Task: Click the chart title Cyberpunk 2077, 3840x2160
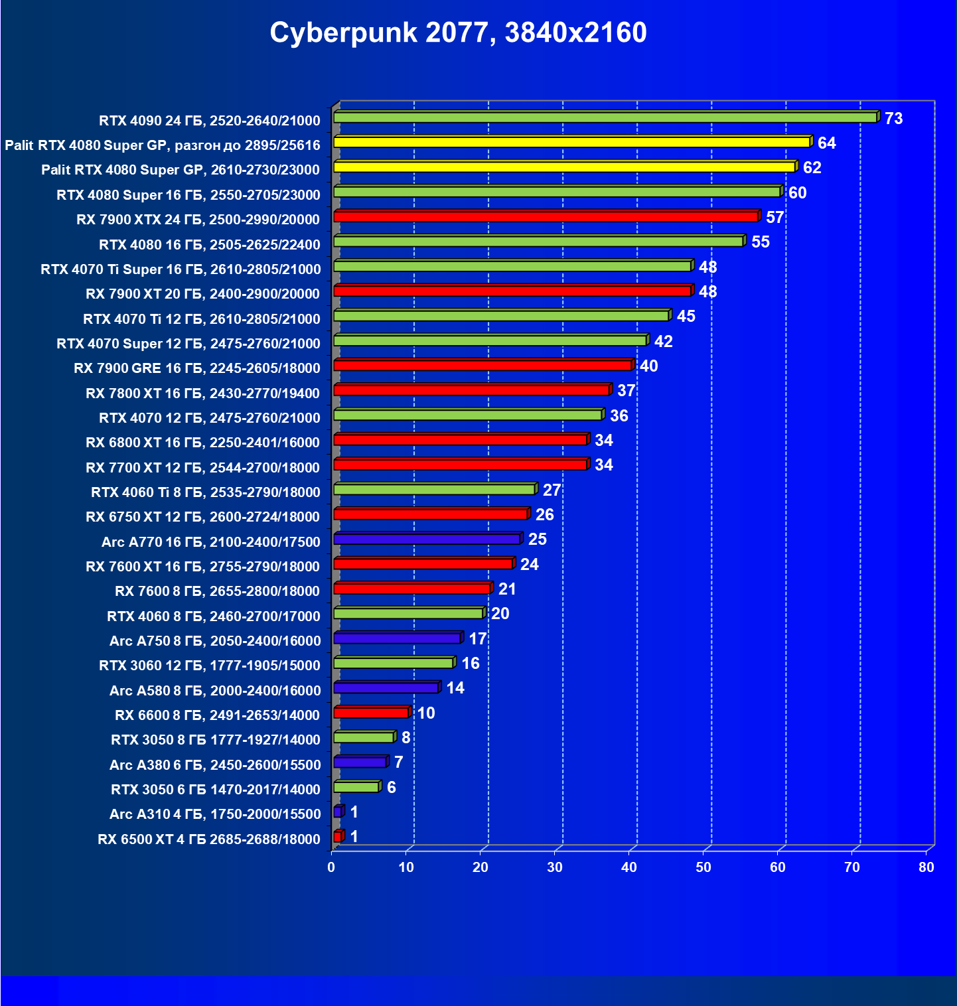[x=458, y=33]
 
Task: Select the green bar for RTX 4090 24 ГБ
[x=605, y=117]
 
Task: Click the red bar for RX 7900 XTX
[x=545, y=216]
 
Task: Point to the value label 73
[x=893, y=119]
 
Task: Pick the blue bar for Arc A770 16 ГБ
[x=427, y=539]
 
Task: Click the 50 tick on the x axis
[x=703, y=867]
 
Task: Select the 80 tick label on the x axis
[x=926, y=867]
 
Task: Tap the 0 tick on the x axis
[x=331, y=867]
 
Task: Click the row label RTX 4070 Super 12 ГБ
[x=188, y=344]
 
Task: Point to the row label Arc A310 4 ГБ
[x=215, y=814]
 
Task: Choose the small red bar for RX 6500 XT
[x=338, y=837]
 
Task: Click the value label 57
[x=774, y=218]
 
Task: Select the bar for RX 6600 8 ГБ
[x=371, y=713]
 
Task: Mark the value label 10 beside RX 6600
[x=425, y=713]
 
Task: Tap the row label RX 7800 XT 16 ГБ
[x=202, y=394]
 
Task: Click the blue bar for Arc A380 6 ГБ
[x=360, y=762]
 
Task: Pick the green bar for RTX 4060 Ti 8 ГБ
[x=434, y=490]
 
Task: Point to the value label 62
[x=812, y=168]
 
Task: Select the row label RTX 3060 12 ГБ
[x=210, y=666]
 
